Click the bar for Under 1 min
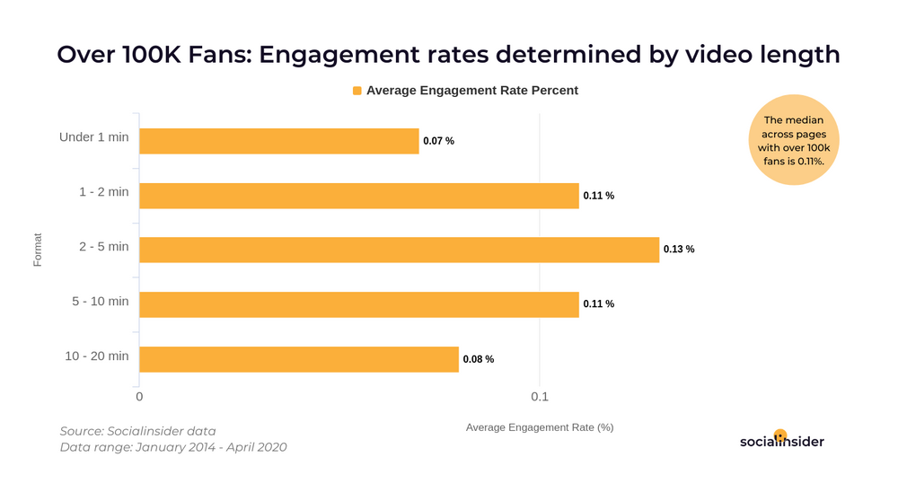278,141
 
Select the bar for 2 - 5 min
399,250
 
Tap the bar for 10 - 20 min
298,359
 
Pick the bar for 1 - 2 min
358,196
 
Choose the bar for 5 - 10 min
358,304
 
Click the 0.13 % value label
679,250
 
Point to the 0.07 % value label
438,141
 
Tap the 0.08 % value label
479,359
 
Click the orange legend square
357,91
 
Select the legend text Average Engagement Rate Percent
472,91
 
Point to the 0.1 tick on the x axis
539,397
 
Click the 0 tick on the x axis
139,397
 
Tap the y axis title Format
38,250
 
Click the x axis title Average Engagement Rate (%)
539,427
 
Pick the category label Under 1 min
93,137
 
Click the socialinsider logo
781,440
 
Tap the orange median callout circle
793,140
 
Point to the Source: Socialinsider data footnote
137,431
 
